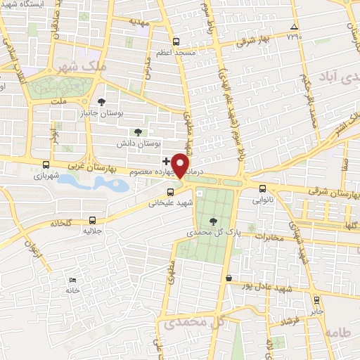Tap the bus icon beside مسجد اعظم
click(176, 41)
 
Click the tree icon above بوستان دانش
click(138, 131)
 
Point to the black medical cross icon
click(165, 161)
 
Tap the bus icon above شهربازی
click(46, 165)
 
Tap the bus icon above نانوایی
click(262, 188)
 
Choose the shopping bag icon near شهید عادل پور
click(229, 278)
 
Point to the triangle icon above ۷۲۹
click(294, 28)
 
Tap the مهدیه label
click(140, 22)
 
